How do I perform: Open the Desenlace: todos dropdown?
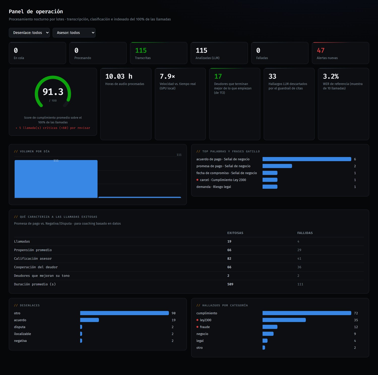click(29, 33)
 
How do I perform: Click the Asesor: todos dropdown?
click(74, 33)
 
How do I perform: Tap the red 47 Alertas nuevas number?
click(321, 51)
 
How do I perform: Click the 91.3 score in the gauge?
click(53, 92)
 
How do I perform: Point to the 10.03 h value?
click(119, 76)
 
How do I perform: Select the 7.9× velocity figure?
click(167, 76)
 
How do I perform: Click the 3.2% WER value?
click(331, 76)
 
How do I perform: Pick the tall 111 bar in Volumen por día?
click(56, 179)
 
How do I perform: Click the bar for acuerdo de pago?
click(307, 159)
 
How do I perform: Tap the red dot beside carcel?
click(197, 180)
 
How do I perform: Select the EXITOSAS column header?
click(235, 233)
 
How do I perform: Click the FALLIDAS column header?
click(305, 233)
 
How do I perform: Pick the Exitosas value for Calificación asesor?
click(229, 259)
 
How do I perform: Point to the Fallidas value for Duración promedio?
click(300, 284)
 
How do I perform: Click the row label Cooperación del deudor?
click(36, 267)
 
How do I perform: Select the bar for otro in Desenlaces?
click(124, 313)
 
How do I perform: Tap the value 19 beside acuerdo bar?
click(174, 320)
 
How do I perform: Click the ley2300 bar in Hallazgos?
click(284, 320)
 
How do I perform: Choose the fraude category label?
click(205, 327)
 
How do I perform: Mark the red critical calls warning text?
click(53, 128)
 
